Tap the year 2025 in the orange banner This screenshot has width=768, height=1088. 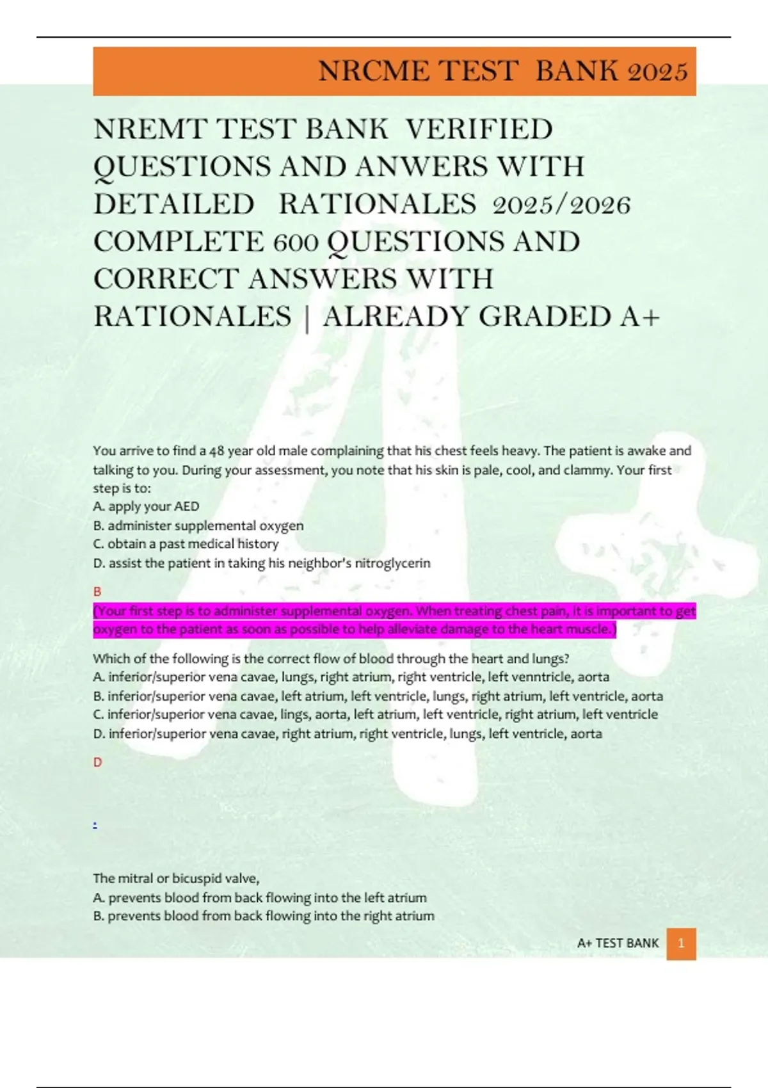(657, 71)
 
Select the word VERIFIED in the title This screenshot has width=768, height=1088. (479, 129)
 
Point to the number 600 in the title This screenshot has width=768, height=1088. (296, 242)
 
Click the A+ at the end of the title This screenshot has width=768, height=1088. (640, 317)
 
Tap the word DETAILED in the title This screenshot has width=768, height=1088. (174, 205)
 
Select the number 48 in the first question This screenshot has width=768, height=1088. (217, 451)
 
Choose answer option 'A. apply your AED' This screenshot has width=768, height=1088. (146, 506)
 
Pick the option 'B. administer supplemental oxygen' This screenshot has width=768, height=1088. (198, 525)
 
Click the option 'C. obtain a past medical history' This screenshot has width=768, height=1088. (186, 544)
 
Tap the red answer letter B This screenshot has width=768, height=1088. (97, 591)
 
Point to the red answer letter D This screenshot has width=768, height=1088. (97, 762)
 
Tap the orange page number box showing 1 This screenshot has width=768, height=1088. (681, 943)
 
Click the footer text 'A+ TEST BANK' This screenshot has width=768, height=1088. (618, 943)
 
